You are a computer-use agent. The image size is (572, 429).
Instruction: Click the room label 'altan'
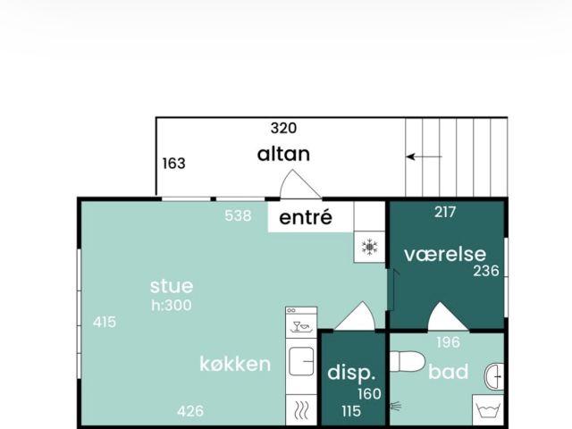[x=283, y=154]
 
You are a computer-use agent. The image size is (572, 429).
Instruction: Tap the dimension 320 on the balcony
[x=283, y=129]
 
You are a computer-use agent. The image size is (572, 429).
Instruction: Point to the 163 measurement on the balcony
[x=173, y=164]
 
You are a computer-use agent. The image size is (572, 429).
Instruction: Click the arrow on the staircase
[x=424, y=157]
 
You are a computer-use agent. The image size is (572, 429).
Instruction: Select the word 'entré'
[x=306, y=217]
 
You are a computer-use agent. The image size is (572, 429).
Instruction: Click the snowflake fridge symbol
[x=369, y=247]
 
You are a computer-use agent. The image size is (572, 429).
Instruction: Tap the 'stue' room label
[x=172, y=286]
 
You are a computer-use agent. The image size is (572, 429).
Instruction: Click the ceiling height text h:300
[x=172, y=306]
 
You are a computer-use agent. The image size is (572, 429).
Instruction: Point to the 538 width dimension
[x=238, y=215]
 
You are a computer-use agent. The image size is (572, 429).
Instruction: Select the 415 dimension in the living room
[x=105, y=322]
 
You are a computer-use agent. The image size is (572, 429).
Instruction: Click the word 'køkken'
[x=235, y=364]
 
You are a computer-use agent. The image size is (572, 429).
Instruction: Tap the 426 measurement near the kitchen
[x=190, y=411]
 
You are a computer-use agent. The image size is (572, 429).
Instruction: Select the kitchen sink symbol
[x=301, y=361]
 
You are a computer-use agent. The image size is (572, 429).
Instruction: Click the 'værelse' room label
[x=445, y=254]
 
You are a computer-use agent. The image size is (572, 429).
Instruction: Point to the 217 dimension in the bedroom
[x=445, y=212]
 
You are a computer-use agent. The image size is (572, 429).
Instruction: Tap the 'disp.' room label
[x=351, y=373]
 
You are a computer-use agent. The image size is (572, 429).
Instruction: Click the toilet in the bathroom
[x=408, y=361]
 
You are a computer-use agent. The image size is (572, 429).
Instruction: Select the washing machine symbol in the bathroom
[x=488, y=410]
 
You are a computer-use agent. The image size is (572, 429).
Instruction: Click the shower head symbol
[x=396, y=406]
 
